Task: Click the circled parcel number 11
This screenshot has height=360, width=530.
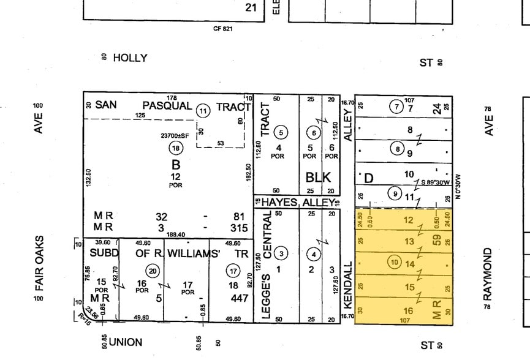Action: pos(203,111)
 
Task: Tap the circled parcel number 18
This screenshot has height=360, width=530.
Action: pos(176,148)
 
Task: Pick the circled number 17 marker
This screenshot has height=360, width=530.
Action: pos(232,270)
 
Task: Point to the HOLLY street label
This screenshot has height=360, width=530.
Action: pos(131,58)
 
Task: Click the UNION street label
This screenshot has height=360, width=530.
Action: pos(125,342)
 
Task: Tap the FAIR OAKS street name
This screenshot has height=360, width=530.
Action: pos(40,263)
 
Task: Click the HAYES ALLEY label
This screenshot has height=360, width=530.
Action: pos(298,202)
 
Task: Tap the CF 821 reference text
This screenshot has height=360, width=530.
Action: pos(222,28)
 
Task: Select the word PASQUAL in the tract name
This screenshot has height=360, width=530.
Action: pos(167,105)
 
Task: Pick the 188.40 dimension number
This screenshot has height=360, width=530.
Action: pos(176,233)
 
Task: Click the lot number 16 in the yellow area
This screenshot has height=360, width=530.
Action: pos(409,311)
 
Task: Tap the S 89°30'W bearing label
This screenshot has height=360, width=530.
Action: pos(436,182)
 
